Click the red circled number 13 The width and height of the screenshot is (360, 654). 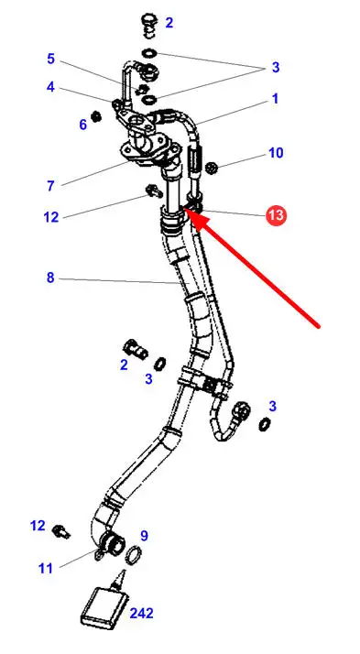276,215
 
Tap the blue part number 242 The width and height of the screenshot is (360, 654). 141,613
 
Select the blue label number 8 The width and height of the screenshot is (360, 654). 50,278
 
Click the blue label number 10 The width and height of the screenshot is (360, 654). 276,153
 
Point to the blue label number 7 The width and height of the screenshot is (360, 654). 50,186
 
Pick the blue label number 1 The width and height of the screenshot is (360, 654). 276,99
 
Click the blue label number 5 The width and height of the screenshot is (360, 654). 50,59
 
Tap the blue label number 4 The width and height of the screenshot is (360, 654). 50,87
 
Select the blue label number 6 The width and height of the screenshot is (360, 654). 83,124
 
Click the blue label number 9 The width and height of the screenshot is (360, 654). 144,535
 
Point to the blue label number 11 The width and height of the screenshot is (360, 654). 46,568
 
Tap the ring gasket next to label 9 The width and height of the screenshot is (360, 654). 134,555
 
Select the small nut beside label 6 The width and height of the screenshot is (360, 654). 96,116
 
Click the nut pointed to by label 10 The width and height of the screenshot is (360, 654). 213,168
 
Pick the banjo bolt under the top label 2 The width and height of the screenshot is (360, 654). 149,26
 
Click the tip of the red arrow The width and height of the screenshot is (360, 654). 184,210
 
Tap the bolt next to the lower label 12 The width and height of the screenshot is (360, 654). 61,532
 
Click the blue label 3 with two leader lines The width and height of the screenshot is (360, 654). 276,67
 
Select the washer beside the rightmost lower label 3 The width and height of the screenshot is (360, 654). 264,425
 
